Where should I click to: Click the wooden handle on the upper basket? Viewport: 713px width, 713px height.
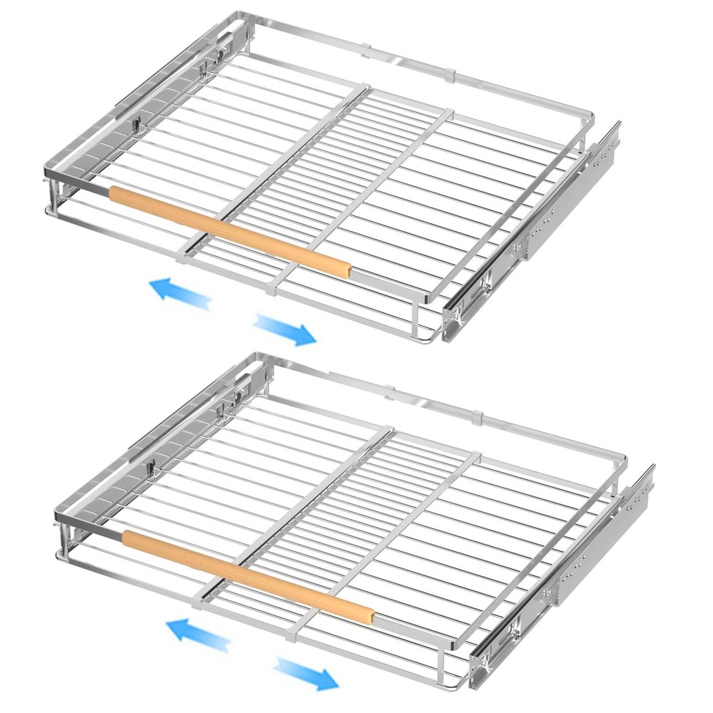[228, 230]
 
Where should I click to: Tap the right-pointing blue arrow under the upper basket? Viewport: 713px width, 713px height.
[284, 329]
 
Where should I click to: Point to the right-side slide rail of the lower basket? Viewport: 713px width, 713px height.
[563, 570]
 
